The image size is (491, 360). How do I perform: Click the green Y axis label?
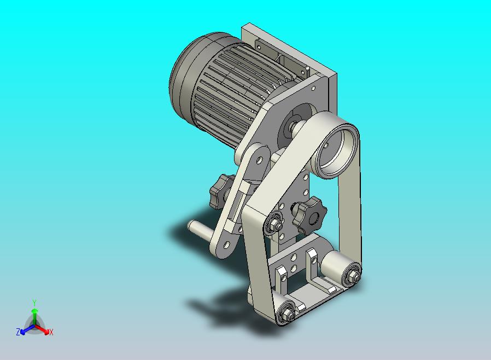click(x=34, y=302)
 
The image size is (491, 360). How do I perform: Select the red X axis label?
click(x=51, y=332)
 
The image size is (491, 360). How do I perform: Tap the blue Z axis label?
click(x=18, y=332)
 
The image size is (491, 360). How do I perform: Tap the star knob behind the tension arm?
click(x=221, y=191)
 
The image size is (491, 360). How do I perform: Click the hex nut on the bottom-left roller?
click(x=286, y=315)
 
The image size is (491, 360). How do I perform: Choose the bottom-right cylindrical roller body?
click(x=334, y=265)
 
